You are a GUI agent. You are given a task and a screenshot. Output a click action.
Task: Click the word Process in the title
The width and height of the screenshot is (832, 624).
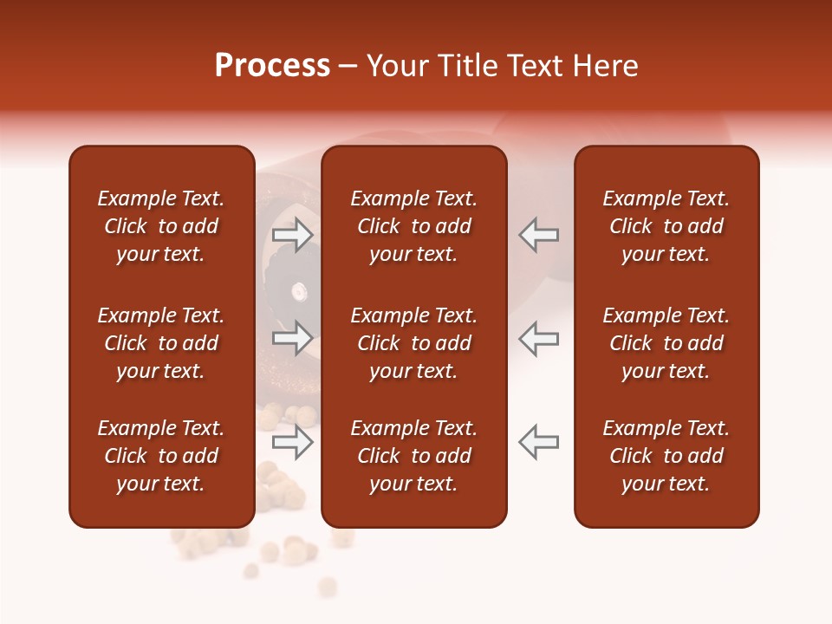click(272, 66)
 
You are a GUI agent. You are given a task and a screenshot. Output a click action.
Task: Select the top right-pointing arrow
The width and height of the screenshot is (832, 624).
click(293, 235)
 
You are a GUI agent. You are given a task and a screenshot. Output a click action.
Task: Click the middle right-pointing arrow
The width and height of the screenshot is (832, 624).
click(293, 338)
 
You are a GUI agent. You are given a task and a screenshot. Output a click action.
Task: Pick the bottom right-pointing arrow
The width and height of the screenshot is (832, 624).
click(293, 442)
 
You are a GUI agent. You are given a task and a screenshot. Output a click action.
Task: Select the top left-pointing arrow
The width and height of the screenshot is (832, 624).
click(539, 235)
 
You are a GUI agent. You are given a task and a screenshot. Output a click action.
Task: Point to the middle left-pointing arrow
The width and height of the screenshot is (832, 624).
click(539, 338)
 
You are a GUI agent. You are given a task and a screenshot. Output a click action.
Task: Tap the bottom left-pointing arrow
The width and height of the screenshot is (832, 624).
click(539, 442)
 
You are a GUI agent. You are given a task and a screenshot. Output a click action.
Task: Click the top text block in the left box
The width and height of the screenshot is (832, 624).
click(161, 226)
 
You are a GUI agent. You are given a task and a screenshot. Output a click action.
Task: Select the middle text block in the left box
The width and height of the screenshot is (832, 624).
click(161, 343)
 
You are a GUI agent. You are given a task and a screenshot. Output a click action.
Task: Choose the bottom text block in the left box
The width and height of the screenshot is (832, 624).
click(161, 456)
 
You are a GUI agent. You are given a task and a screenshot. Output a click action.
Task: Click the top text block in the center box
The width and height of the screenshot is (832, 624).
click(413, 226)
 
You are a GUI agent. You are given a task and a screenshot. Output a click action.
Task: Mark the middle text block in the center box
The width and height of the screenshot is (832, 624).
click(413, 343)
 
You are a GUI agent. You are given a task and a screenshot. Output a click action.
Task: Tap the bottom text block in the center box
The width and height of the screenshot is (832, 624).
click(413, 456)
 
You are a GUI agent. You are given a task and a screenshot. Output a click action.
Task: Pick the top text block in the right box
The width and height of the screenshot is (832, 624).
click(666, 226)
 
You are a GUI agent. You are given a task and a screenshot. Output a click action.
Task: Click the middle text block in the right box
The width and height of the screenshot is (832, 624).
click(666, 343)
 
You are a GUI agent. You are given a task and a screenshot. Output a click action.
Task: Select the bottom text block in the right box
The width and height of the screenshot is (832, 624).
click(666, 456)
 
